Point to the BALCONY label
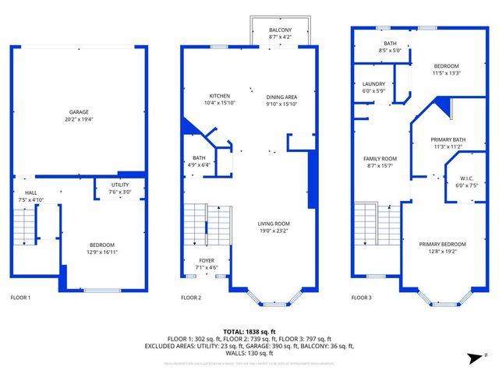point(280,29)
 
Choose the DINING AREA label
point(281,96)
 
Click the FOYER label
point(206,261)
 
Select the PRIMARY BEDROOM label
point(447,244)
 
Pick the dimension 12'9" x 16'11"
point(103,252)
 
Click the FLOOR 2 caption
point(191,298)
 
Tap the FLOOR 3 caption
point(361,298)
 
